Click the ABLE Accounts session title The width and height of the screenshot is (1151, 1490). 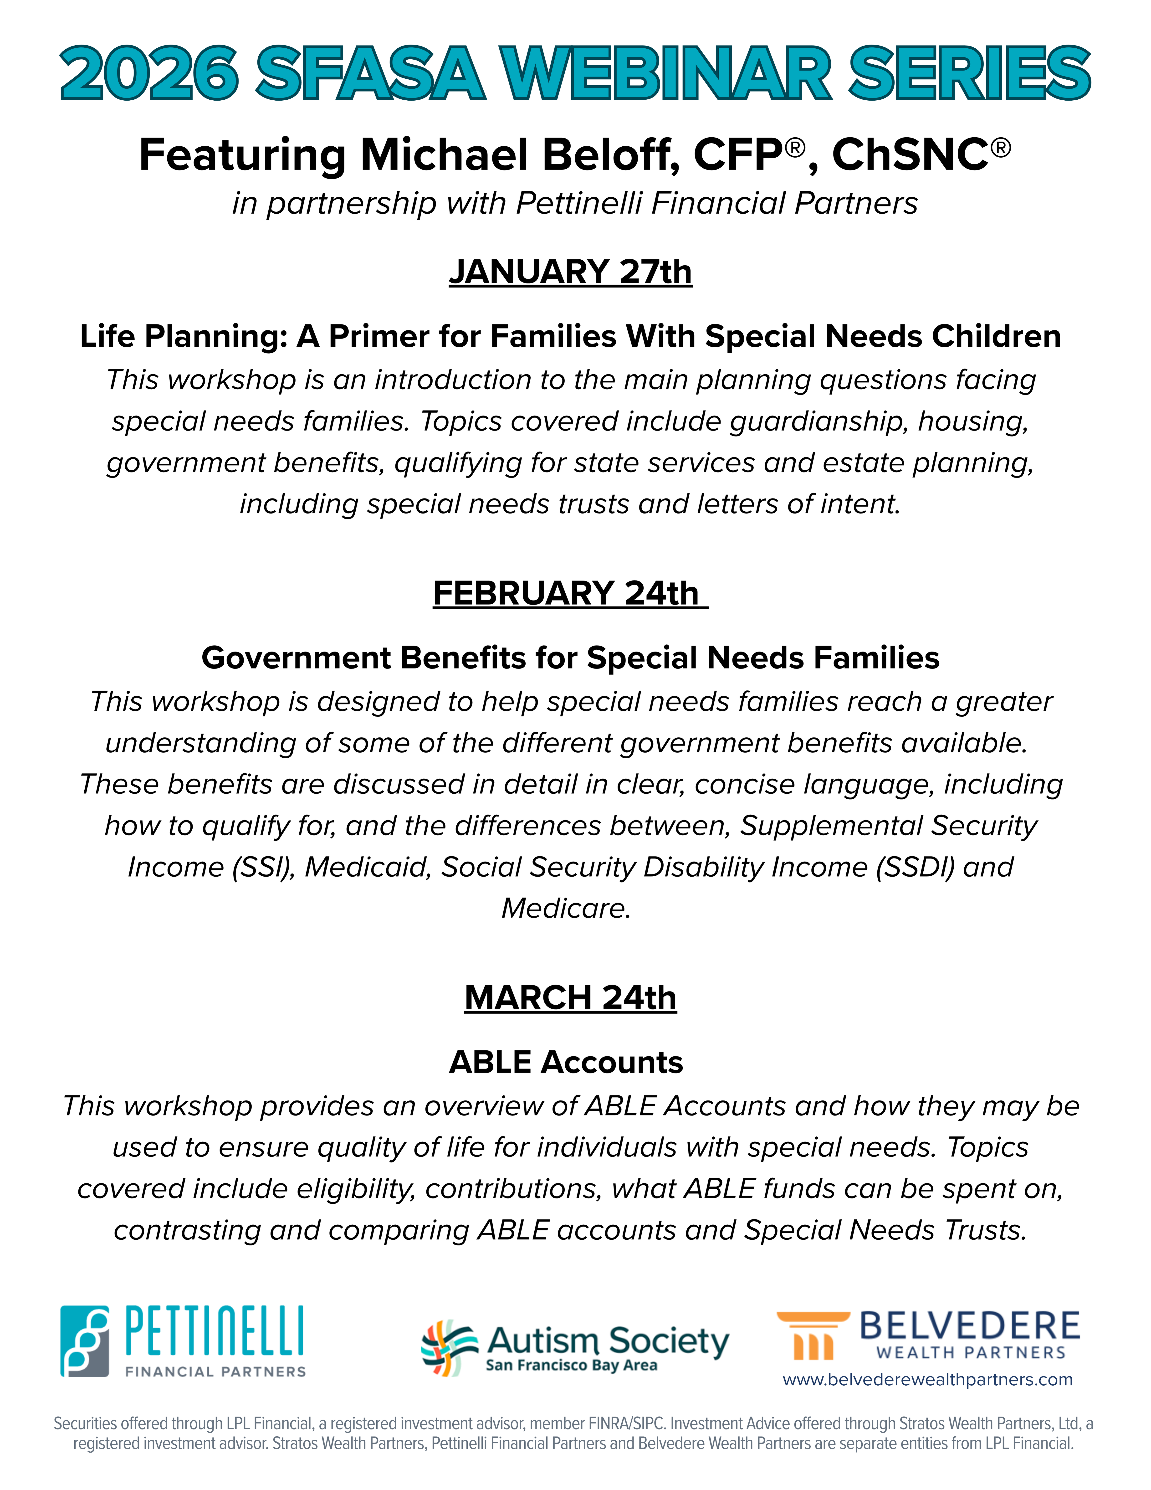coord(566,1062)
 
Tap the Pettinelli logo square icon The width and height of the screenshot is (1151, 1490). coord(85,1341)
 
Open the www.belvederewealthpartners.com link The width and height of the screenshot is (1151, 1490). coord(927,1379)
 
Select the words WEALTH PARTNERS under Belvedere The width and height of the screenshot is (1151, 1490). coord(970,1352)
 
